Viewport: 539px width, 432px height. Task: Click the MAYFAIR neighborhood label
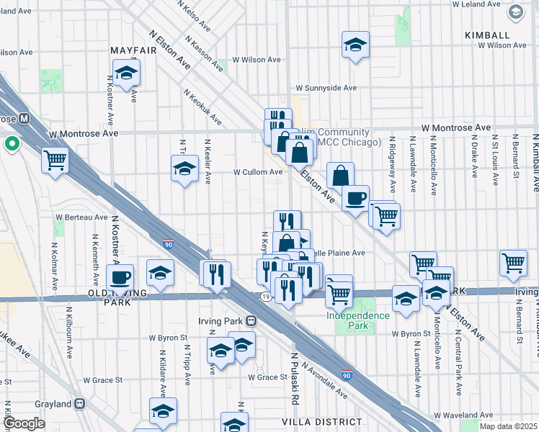tap(133, 51)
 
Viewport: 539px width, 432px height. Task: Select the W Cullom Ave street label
tap(258, 172)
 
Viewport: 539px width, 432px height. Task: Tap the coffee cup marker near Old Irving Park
tap(120, 276)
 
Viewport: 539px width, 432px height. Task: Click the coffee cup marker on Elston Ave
tap(355, 197)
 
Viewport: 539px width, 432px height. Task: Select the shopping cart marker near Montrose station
tap(55, 160)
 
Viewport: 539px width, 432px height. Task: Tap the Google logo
tap(23, 423)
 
